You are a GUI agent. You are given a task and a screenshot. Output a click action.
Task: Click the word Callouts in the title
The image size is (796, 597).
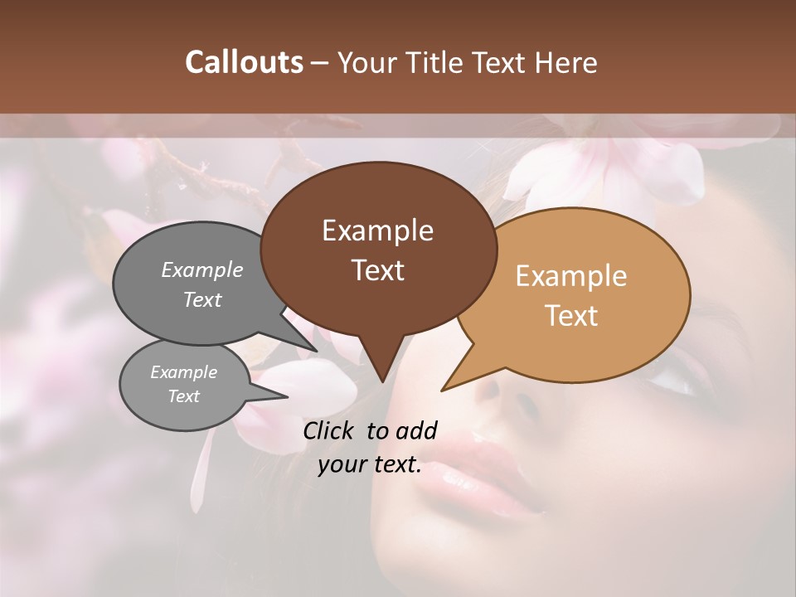pyautogui.click(x=244, y=62)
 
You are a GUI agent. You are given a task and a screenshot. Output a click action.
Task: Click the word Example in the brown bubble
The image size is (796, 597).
pyautogui.click(x=377, y=231)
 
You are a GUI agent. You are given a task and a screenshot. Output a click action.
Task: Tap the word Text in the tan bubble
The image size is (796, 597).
pyautogui.click(x=572, y=316)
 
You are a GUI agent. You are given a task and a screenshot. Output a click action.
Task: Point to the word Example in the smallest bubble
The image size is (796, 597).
pyautogui.click(x=183, y=372)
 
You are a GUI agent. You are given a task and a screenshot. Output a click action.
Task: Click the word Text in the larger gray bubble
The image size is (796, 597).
pyautogui.click(x=201, y=299)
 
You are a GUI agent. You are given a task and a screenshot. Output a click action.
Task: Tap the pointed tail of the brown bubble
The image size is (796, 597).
pyautogui.click(x=381, y=378)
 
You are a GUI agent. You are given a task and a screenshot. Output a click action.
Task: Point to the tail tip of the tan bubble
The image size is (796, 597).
pyautogui.click(x=444, y=388)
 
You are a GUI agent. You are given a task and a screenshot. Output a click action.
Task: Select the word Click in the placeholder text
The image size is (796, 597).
pyautogui.click(x=330, y=430)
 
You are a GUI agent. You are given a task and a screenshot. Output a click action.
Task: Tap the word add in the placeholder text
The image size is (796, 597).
pyautogui.click(x=416, y=430)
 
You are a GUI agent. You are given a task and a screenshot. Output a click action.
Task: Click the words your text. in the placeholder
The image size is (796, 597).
pyautogui.click(x=370, y=465)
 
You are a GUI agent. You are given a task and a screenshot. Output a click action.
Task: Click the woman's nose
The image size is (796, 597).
pyautogui.click(x=506, y=398)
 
